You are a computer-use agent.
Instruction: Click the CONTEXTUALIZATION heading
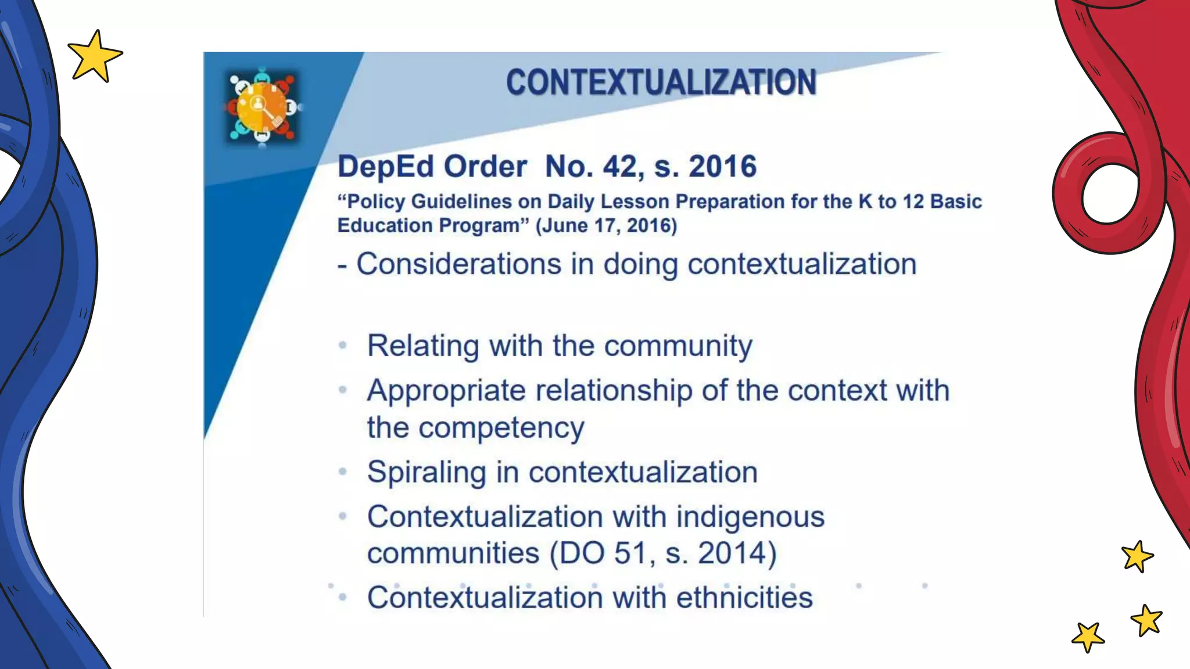coord(661,82)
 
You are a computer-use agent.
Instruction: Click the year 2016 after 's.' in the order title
coord(722,167)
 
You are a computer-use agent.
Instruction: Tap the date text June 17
coord(582,225)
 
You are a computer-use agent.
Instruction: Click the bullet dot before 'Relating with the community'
coord(343,346)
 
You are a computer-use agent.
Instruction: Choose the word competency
coord(501,429)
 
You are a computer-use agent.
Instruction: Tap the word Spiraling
coord(426,472)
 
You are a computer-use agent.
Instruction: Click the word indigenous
coord(750,517)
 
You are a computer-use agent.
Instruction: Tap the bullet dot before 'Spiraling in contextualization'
coord(343,472)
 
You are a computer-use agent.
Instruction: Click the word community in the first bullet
coord(678,346)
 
